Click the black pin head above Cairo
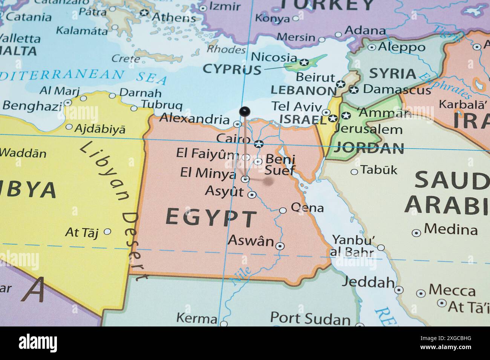(x=245, y=111)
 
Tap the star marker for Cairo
(x=259, y=143)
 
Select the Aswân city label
(x=251, y=240)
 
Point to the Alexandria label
(x=194, y=119)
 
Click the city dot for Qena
(x=283, y=211)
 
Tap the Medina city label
(x=450, y=229)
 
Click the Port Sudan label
(x=310, y=319)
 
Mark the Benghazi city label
(x=32, y=106)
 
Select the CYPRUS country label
(x=232, y=69)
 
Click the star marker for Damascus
(x=354, y=90)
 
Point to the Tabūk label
(x=379, y=170)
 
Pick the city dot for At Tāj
(x=107, y=232)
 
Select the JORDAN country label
(x=369, y=148)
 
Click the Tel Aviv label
(x=297, y=107)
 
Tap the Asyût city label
(x=224, y=191)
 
